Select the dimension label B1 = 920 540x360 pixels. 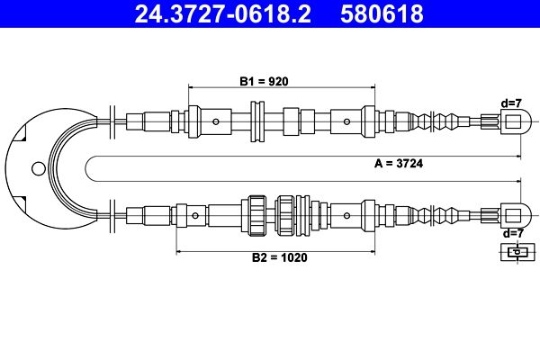(263, 81)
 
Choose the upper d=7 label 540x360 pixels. (512, 103)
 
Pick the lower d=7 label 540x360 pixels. (512, 233)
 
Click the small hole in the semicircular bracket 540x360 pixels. (37, 167)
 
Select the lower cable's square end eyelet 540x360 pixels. (513, 214)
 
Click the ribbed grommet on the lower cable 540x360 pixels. (256, 214)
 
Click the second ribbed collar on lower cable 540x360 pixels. (287, 214)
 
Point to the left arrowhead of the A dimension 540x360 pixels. (88, 157)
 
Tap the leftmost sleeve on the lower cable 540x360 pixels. (135, 214)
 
